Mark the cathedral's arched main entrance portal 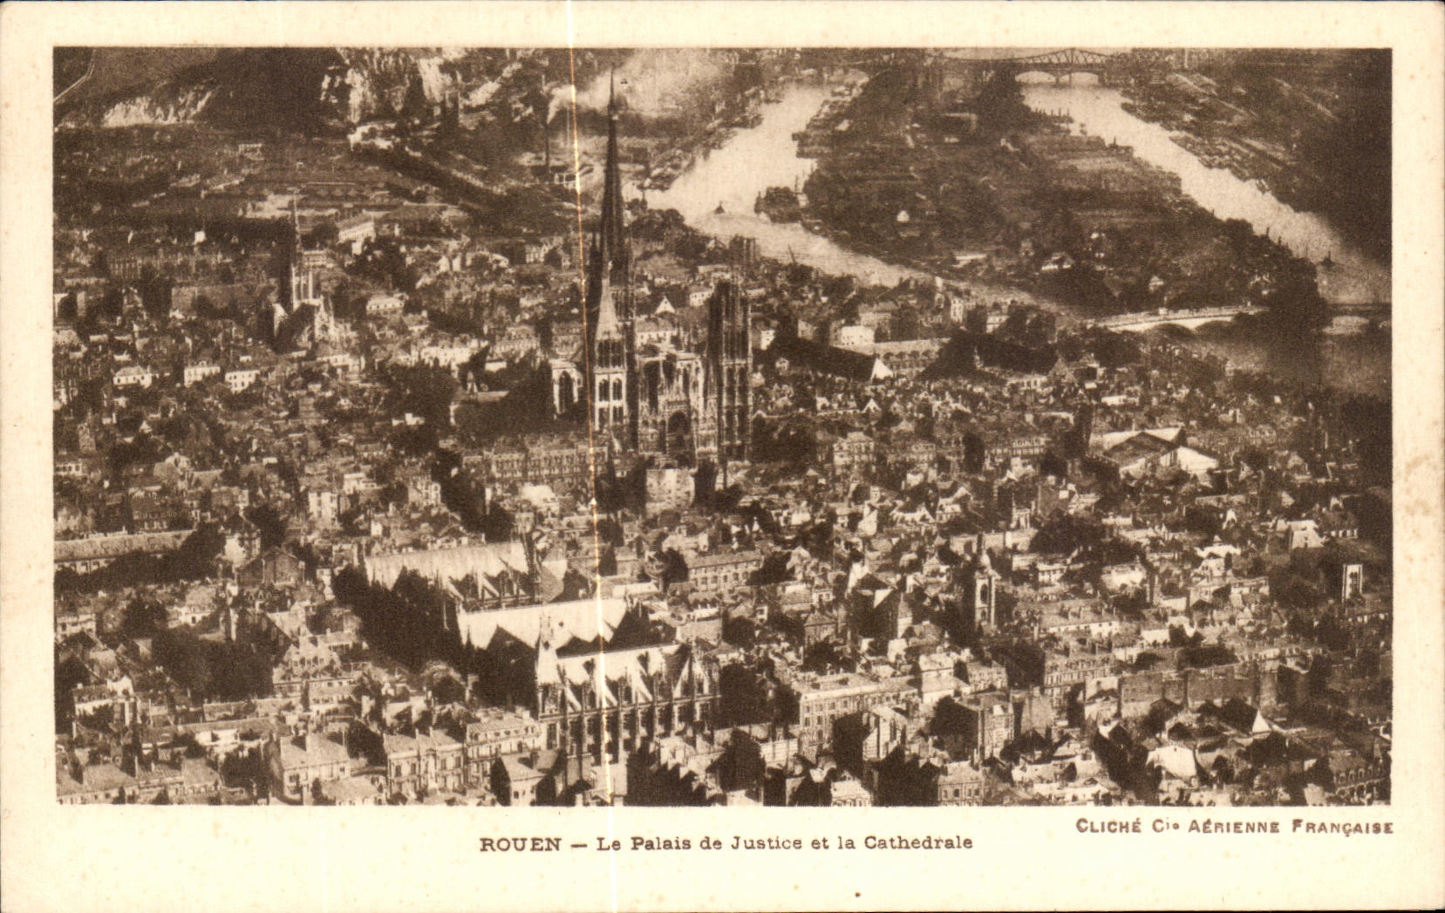(677, 432)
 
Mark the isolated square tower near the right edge (1352, 580)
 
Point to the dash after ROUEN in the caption (577, 843)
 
